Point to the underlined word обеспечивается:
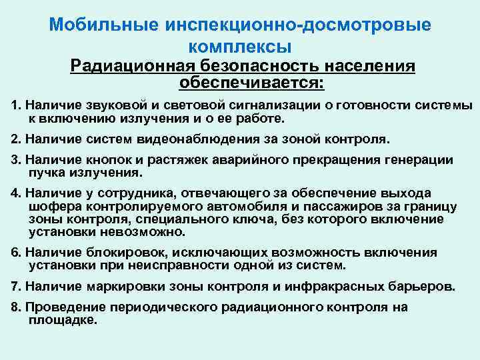tap(251, 83)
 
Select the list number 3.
tap(15, 160)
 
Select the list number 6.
tap(15, 253)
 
